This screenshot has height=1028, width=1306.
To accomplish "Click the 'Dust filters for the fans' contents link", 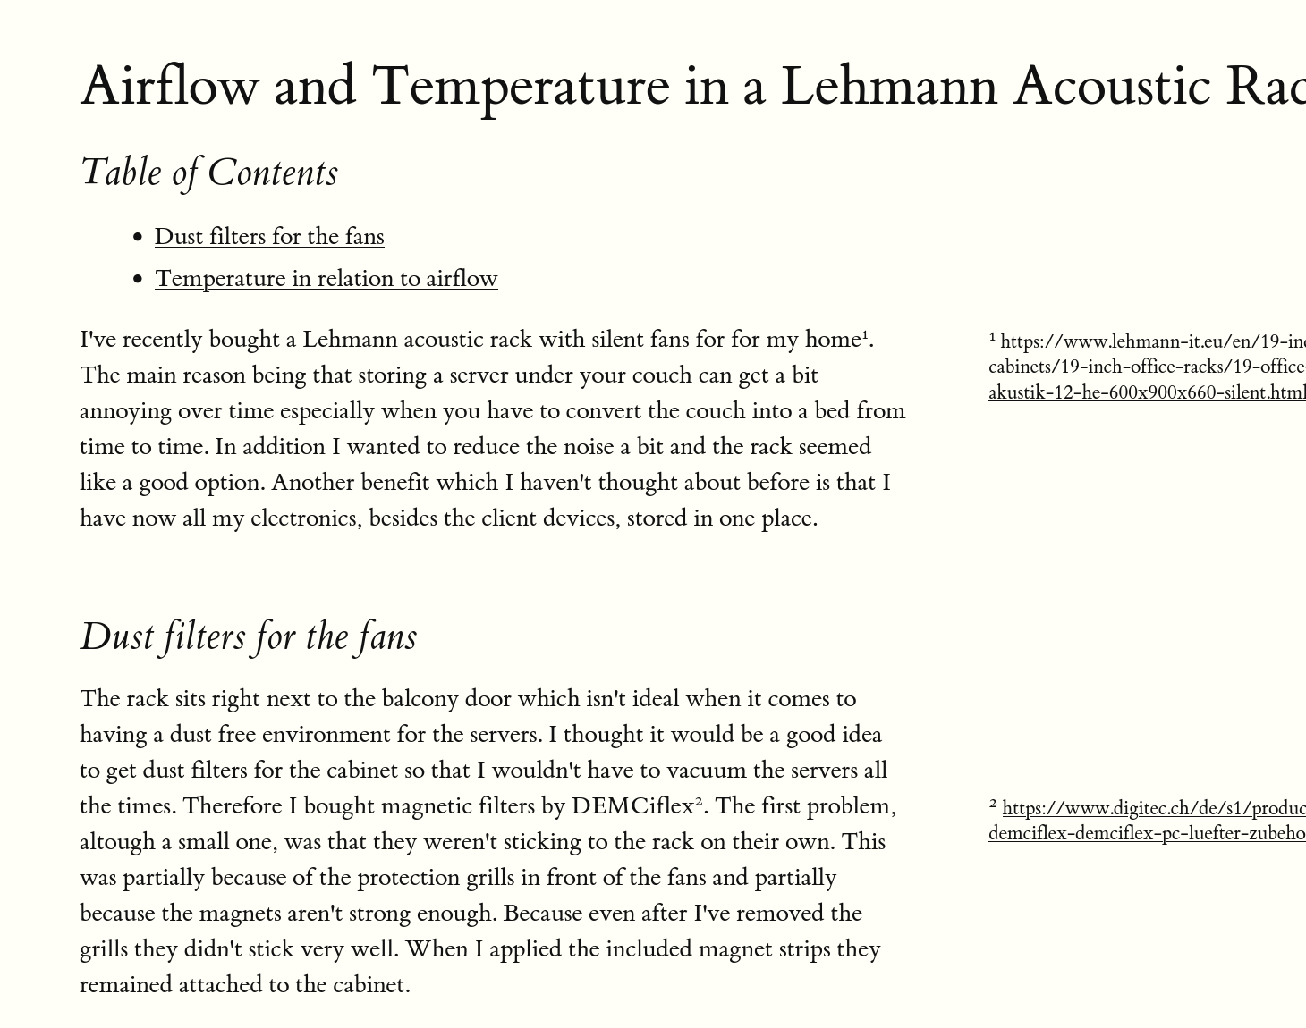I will (269, 236).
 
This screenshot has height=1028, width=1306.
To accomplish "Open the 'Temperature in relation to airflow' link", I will (326, 278).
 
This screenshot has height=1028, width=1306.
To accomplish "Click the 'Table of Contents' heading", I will (209, 172).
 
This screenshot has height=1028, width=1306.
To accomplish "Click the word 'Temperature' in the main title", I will (520, 86).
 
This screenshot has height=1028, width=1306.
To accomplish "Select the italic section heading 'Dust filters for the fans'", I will (249, 636).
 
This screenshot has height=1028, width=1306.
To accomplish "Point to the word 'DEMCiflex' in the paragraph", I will (632, 805).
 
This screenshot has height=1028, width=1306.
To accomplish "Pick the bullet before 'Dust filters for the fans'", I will (137, 237).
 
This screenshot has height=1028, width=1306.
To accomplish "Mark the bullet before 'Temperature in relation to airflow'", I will (137, 279).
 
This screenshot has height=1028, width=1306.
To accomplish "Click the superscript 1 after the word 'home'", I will (865, 335).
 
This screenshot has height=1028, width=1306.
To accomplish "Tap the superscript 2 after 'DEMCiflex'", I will (700, 802).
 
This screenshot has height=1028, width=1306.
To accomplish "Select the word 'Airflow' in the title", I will (169, 86).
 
